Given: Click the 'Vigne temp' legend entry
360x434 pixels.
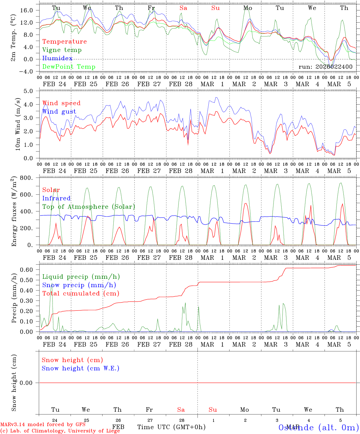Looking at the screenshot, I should pos(62,50).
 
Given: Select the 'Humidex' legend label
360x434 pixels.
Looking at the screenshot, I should pos(57,58).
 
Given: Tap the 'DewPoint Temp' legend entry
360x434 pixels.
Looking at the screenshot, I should pos(69,67).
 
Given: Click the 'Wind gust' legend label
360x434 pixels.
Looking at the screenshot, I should pos(59,112).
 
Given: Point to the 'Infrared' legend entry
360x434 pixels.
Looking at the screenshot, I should pos(56,198).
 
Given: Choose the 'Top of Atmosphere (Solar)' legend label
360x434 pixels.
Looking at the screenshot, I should pos(88,207).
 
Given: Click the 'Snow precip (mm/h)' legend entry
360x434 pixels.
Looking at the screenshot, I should pos(79,285).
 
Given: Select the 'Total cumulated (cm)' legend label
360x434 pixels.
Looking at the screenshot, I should pos(81,294).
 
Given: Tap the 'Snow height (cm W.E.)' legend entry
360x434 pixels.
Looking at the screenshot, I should pos(81,368).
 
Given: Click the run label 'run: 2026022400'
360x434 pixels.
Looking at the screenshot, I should pos(325,67).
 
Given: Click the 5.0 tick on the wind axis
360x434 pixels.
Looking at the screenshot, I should pos(28,91).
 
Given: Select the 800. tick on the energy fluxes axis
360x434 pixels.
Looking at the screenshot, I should pos(27,178).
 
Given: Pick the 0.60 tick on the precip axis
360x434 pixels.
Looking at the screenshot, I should pos(26,269).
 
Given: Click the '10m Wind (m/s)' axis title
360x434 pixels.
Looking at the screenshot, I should pos(17,124).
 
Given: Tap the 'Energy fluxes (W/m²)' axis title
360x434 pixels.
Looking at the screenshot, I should pos(14,212).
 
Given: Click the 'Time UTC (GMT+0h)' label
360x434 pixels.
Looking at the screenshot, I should pos(172,427).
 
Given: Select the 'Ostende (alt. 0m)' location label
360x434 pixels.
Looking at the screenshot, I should pos(319,427).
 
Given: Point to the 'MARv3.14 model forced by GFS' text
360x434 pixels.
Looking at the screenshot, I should pos(43,425).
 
